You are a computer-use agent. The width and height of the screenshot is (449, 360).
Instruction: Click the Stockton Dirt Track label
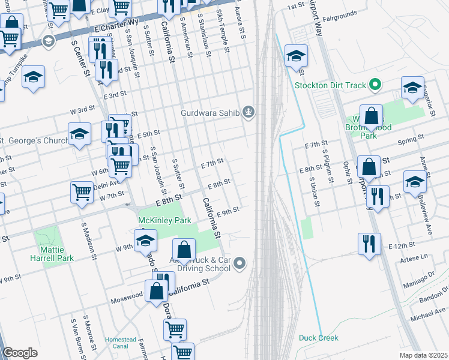[x=330, y=85]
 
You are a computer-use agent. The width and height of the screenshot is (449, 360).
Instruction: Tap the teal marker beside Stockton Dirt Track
[x=375, y=85]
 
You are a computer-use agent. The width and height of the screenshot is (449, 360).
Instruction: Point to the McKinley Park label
[x=164, y=221]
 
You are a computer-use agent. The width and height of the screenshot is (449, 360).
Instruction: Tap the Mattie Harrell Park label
[x=52, y=254]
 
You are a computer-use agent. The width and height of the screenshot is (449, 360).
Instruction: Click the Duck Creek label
[x=319, y=338]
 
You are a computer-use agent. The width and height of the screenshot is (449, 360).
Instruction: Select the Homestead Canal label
[x=121, y=343]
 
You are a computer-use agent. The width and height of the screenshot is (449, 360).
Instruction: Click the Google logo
[x=20, y=353]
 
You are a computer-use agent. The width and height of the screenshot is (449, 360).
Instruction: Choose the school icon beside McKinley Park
[x=145, y=241]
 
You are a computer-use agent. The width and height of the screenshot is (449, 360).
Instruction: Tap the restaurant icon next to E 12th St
[x=369, y=244]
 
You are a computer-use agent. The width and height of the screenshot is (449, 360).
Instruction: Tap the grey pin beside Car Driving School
[x=240, y=262]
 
